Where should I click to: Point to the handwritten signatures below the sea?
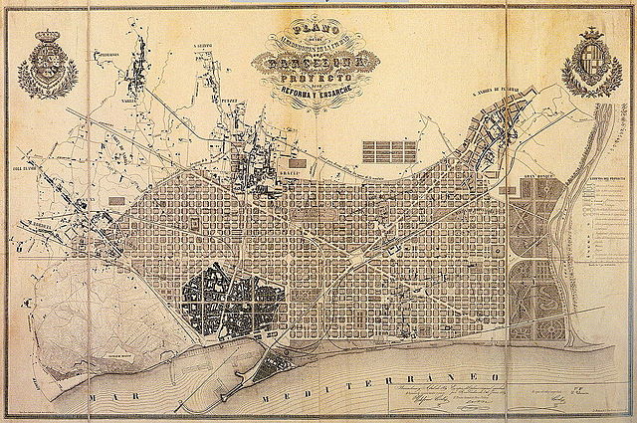click(468, 399)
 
